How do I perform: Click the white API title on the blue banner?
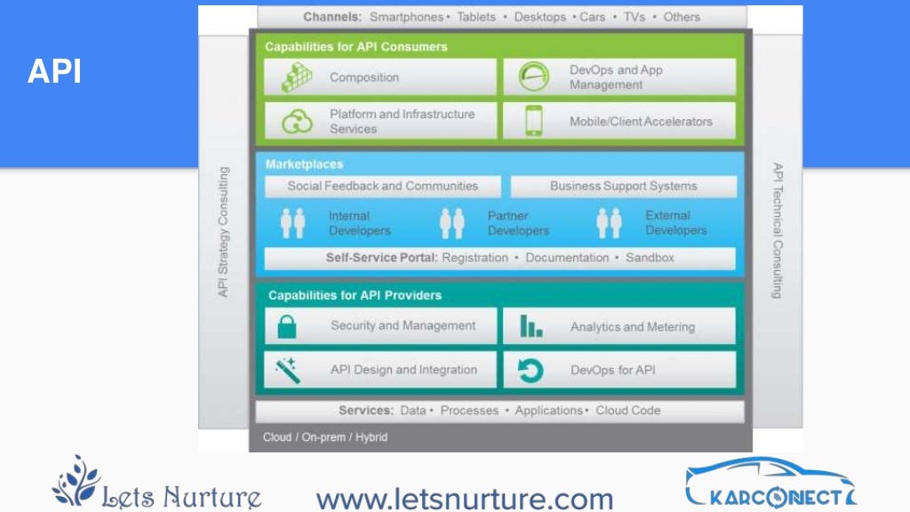54,72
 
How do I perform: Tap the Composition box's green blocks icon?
297,77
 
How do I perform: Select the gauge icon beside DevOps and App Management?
533,77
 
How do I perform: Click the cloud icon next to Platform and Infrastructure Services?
297,121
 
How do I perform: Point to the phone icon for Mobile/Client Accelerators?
534,121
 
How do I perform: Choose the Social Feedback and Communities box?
382,187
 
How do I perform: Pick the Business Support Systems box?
623,187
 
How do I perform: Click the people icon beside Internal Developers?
292,223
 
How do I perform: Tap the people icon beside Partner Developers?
452,223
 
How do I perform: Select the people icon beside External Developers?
609,223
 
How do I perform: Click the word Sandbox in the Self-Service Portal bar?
650,259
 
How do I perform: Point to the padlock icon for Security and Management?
287,326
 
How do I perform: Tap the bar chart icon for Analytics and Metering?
531,326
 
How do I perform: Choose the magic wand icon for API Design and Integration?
287,370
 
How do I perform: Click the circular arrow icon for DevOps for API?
531,370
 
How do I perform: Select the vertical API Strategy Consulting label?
224,231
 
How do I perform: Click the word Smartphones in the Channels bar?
406,17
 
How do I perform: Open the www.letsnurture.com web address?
465,499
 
